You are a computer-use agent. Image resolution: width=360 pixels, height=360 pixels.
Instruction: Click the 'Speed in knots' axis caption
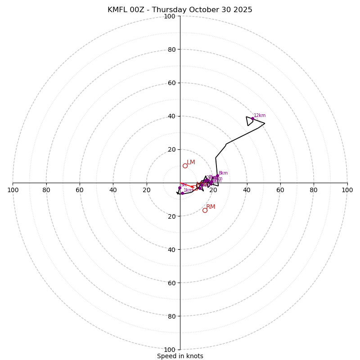click(x=180, y=356)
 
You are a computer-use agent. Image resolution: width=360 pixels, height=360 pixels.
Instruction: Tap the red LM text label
click(x=191, y=162)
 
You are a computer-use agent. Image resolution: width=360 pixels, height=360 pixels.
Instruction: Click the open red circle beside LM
click(x=185, y=166)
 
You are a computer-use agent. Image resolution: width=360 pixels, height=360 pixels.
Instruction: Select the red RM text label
click(x=211, y=207)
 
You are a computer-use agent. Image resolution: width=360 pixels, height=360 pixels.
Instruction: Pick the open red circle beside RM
click(x=205, y=210)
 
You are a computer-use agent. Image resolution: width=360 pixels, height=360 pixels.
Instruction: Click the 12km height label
click(x=260, y=116)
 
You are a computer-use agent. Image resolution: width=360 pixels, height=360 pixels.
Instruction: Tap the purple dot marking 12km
click(x=252, y=119)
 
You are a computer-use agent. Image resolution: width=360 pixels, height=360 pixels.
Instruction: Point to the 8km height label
click(x=223, y=173)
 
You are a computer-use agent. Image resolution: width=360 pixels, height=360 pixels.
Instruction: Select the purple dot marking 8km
click(x=217, y=176)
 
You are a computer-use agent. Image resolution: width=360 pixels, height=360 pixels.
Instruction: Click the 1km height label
click(x=188, y=190)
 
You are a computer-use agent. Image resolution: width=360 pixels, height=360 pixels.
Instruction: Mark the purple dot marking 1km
click(x=182, y=193)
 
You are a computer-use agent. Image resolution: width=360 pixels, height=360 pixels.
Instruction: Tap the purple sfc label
click(x=184, y=185)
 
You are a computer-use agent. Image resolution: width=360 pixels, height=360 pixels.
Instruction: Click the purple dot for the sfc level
click(x=180, y=188)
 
